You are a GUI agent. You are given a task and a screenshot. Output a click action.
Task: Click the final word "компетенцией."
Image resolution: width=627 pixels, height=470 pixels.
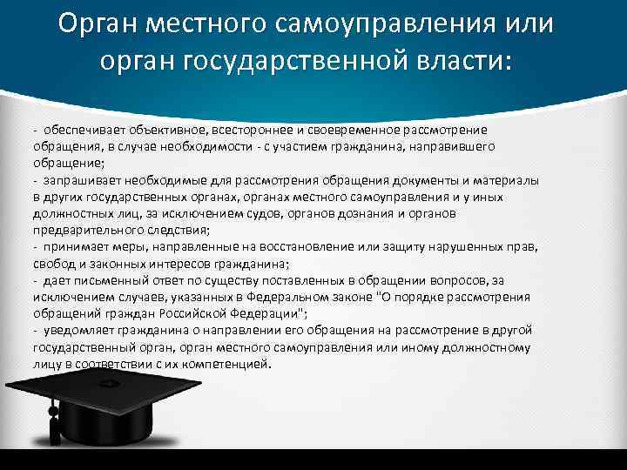pos(230,364)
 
